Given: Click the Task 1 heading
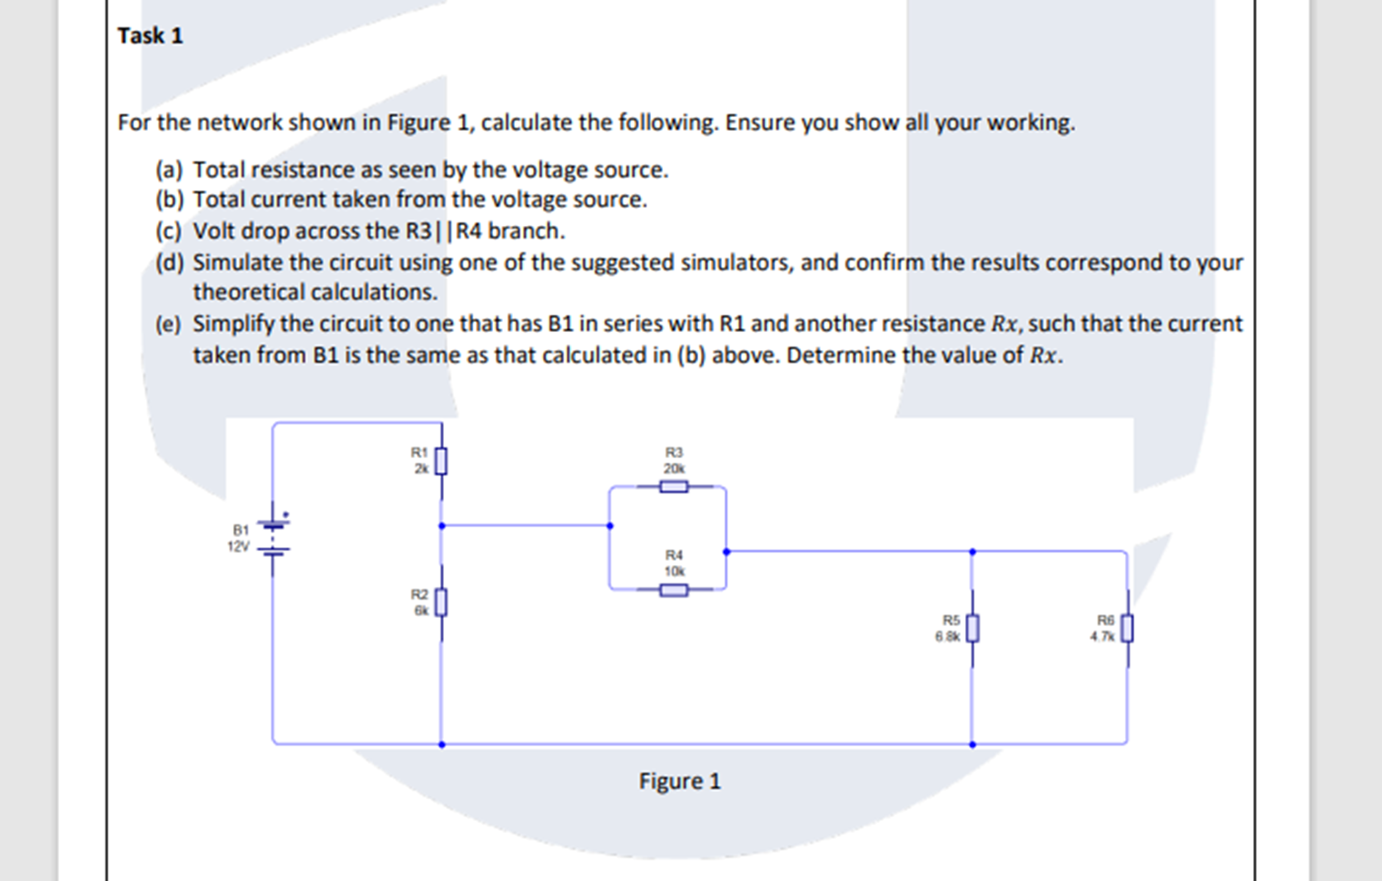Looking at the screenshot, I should click(x=150, y=35).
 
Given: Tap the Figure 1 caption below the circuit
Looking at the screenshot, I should click(x=679, y=781).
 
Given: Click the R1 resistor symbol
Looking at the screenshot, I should click(x=441, y=461).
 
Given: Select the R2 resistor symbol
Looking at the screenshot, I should click(x=441, y=602).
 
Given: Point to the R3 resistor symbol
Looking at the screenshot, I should click(x=673, y=487).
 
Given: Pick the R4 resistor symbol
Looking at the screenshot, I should click(x=673, y=591).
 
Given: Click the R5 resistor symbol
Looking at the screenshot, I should click(x=972, y=628).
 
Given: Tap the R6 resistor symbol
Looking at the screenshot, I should click(x=1127, y=628).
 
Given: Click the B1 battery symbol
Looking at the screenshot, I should click(x=272, y=535).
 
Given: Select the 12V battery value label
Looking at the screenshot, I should click(x=238, y=546).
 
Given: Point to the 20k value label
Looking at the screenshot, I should click(x=673, y=468).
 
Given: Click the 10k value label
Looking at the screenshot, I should click(x=674, y=571).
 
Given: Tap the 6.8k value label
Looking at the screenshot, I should click(x=947, y=636).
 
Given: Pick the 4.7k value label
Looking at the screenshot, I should click(x=1102, y=636).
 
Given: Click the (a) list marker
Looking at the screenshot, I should click(x=169, y=171).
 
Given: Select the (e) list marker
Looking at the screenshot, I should click(x=169, y=324).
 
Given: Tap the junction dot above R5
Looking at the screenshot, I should click(x=972, y=551).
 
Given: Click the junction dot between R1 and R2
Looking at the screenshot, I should click(x=441, y=525).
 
